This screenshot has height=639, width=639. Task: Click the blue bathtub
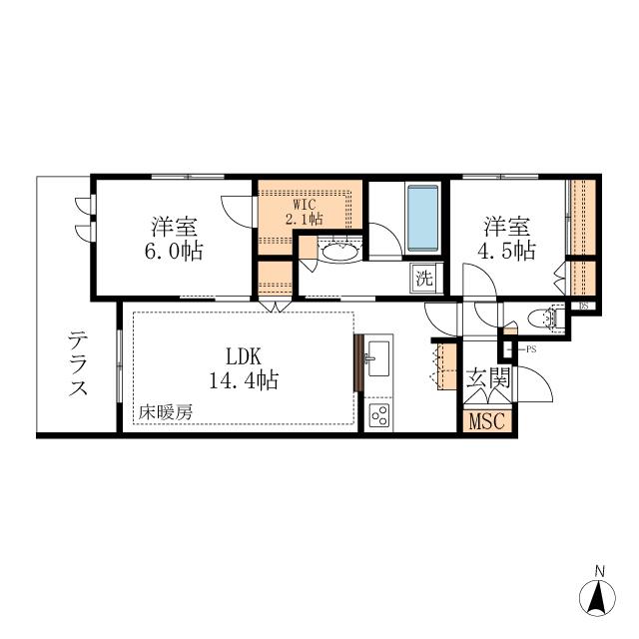click(423, 218)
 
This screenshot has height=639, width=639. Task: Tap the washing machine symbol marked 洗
click(423, 279)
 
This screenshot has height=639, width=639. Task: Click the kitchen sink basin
click(378, 358)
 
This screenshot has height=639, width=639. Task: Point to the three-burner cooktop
click(379, 415)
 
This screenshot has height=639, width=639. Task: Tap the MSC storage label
click(487, 421)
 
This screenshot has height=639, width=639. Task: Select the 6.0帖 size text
click(174, 251)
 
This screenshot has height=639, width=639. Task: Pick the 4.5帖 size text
click(506, 251)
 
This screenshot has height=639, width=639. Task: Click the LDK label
click(244, 357)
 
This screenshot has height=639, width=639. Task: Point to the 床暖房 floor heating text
click(165, 412)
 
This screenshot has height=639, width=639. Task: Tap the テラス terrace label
click(78, 363)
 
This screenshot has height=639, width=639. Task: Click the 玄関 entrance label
click(488, 377)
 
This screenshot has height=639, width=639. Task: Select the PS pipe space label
click(531, 349)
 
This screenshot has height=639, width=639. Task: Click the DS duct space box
click(583, 306)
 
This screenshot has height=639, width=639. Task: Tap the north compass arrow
click(597, 599)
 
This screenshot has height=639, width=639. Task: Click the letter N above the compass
click(599, 571)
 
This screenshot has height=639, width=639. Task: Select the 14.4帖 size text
click(244, 380)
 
